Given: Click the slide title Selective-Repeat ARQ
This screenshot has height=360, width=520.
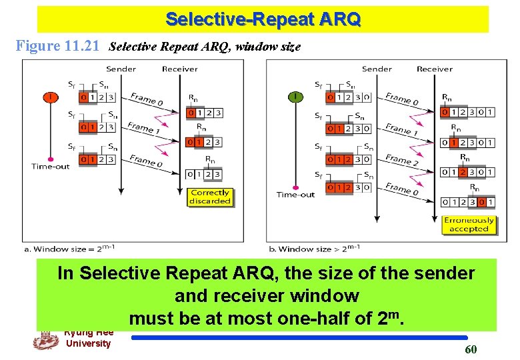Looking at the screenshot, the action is click(263, 19).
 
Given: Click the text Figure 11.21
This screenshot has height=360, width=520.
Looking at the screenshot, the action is click(59, 47).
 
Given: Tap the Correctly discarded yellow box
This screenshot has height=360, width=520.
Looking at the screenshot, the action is click(210, 197).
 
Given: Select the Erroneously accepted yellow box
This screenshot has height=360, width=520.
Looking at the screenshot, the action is click(469, 225).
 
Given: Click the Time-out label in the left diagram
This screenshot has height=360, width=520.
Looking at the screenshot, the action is click(50, 166).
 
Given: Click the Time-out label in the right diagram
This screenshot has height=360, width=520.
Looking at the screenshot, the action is click(295, 195).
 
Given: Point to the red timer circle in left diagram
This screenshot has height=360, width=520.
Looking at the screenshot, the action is click(50, 97).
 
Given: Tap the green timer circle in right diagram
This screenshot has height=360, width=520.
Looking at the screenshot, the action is click(295, 97).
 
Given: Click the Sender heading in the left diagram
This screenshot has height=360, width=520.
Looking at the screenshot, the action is click(121, 69).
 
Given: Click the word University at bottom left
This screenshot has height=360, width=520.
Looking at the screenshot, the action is click(88, 343).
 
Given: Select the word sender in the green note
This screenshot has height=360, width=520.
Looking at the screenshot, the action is click(443, 273).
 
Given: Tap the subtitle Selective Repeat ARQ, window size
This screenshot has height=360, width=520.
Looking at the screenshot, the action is click(205, 47).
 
